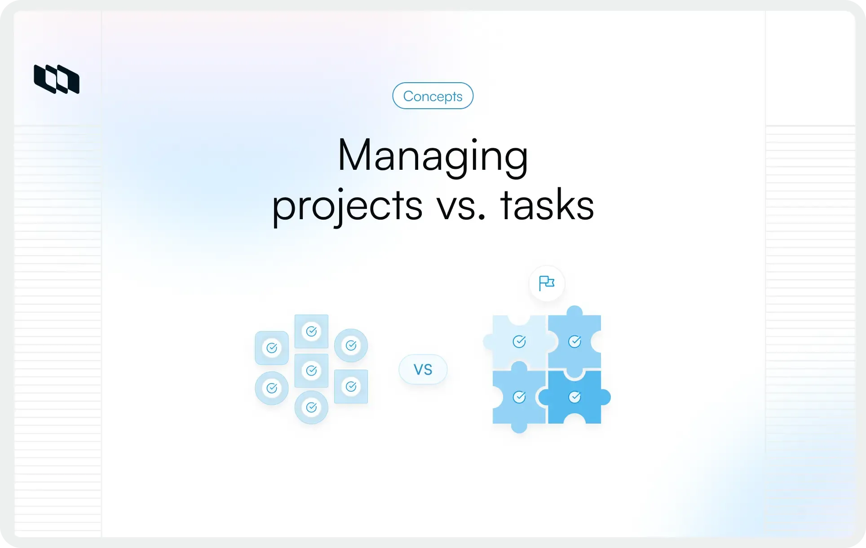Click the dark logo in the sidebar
pos(57,79)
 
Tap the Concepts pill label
pos(433,96)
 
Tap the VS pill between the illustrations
pos(423,369)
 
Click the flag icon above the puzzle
pos(547,283)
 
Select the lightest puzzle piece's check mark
pos(519,342)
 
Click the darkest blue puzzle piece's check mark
pos(574,397)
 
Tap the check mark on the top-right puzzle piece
pos(574,342)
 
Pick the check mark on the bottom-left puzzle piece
pos(519,397)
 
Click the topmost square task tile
pos(311,331)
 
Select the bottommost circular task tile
pos(311,407)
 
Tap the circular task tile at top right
pos(351,345)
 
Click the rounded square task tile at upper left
pos(272,348)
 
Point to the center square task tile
pos(311,371)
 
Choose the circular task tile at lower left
pos(272,388)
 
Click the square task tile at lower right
pos(351,386)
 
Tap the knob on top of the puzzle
pos(574,311)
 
